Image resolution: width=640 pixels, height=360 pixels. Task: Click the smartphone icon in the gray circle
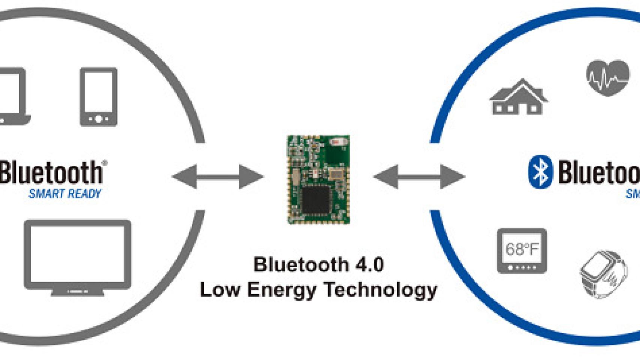pos(98,97)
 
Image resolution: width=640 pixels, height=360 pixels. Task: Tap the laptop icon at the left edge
pos(13,96)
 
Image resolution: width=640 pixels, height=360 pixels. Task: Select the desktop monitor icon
pos(78,255)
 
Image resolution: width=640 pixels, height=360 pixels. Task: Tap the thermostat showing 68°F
pos(521,250)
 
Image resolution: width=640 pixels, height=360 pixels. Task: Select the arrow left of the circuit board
pos(218,176)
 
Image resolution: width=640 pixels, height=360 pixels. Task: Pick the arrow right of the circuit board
pos(419,176)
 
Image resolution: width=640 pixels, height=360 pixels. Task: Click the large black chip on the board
pos(316,200)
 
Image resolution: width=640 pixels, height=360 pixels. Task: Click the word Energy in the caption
pos(281,290)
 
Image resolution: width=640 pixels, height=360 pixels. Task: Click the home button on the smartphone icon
pos(98,119)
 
